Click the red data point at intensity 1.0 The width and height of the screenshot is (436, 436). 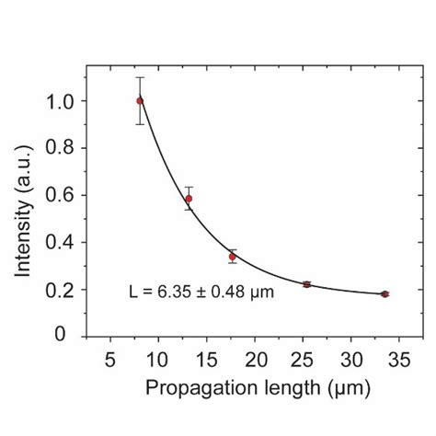[140, 100]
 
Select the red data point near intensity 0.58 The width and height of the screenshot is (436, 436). [189, 199]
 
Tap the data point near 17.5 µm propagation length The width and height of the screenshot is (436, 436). [233, 257]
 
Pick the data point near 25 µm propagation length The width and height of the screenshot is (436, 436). [306, 284]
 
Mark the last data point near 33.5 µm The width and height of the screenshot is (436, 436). [384, 294]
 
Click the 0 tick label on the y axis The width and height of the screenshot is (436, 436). [70, 337]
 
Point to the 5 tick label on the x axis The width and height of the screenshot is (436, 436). [110, 360]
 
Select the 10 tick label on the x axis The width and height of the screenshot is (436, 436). [158, 360]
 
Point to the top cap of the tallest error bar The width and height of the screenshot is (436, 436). [140, 77]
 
